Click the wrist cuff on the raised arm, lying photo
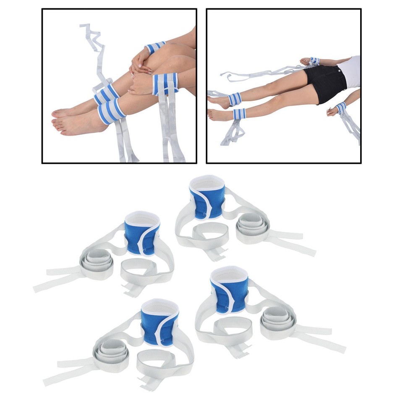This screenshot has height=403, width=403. pos(314,61)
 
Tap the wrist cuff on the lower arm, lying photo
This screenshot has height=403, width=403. pos(340,107)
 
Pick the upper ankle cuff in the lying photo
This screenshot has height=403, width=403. pos(235,99)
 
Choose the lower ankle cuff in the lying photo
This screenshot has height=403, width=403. pos(239,114)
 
